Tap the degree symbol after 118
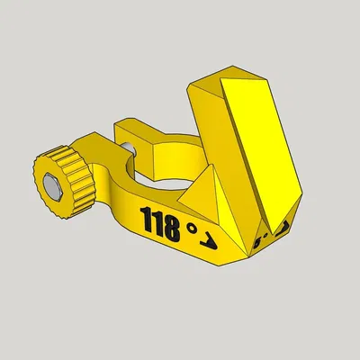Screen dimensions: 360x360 (x=192, y=229)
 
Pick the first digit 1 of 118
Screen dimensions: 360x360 (x=146, y=215)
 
